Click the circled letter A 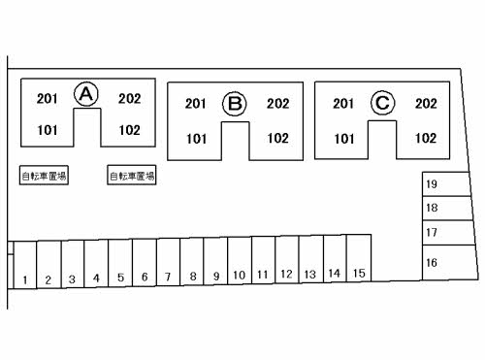tap(86, 94)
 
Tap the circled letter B tap(235, 104)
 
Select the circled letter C tap(382, 103)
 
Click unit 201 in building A tap(48, 99)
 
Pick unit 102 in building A tap(130, 130)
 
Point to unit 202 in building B tap(278, 104)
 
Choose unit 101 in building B tap(196, 139)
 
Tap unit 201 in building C tap(343, 104)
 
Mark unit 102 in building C tap(426, 138)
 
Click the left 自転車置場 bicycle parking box tap(44, 176)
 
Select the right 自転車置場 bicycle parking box tap(132, 176)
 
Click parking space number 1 tap(25, 265)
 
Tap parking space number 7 tap(168, 262)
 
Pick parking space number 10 tap(240, 260)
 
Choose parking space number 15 tap(359, 258)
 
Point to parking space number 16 tap(450, 262)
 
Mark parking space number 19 tap(446, 184)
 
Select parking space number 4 tap(96, 264)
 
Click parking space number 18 tap(447, 209)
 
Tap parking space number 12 tap(287, 259)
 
